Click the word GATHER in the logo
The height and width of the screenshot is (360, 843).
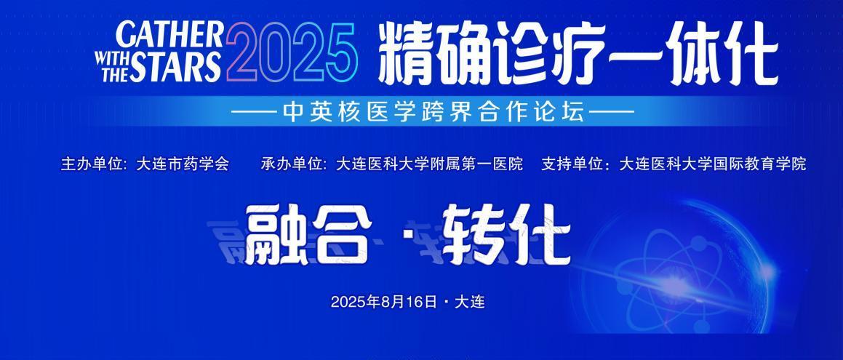pos(169,36)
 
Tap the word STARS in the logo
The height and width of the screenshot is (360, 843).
pos(175,67)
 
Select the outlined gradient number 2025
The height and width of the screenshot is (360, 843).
pos(292,53)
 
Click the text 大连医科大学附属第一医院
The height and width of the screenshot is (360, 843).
pos(429,164)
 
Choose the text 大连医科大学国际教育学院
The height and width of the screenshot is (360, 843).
pos(713,164)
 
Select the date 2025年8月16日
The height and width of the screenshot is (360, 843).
pos(384,302)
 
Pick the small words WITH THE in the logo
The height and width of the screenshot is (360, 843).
pos(111,67)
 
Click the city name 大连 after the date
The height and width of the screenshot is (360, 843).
pos(470,302)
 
